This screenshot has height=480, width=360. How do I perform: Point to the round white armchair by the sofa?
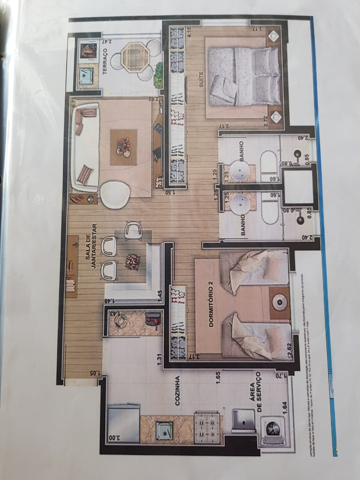pos(115,195)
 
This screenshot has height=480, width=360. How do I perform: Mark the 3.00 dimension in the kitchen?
pos(112,438)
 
